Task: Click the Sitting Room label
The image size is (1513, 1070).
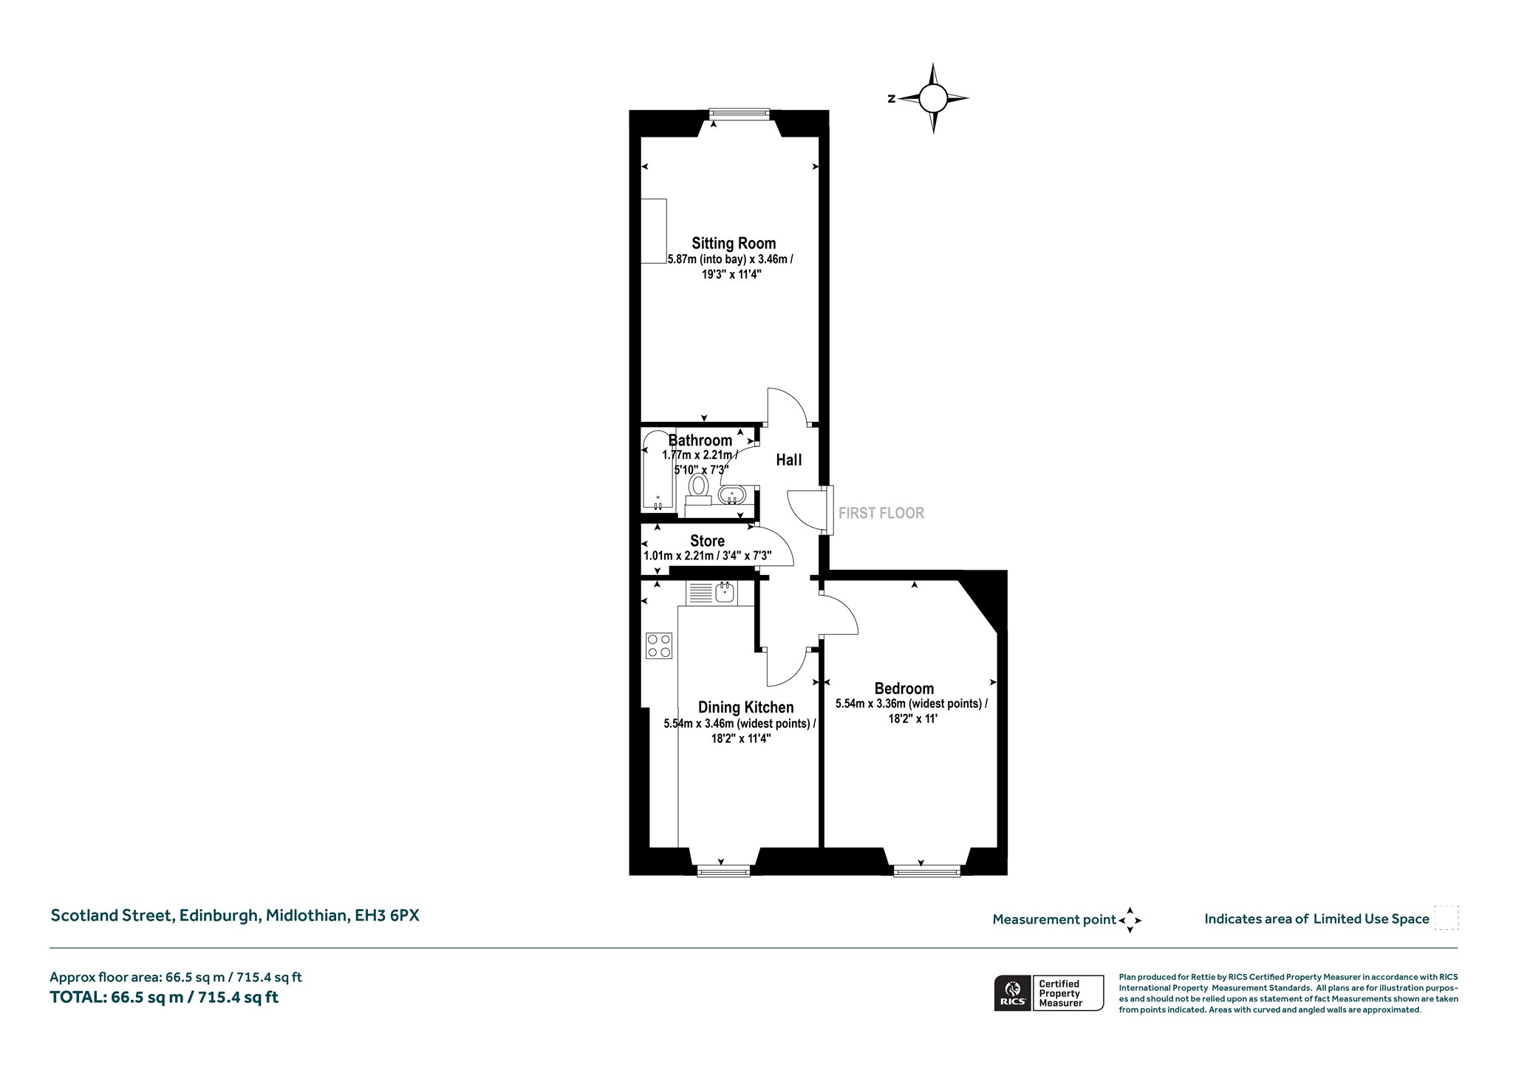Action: point(734,243)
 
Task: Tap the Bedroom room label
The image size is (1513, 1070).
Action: point(904,689)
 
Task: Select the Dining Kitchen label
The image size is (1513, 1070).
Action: point(746,708)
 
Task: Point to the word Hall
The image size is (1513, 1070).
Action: point(789,460)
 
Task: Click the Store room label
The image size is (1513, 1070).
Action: point(707,541)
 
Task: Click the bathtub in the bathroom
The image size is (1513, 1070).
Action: point(658,471)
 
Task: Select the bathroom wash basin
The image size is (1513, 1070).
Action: point(734,494)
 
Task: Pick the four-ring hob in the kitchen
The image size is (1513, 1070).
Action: point(659,645)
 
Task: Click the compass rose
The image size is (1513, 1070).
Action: point(933,98)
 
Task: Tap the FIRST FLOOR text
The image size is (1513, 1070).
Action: point(881,513)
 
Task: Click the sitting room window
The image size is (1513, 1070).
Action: point(739,114)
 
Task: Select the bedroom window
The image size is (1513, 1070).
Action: point(926,871)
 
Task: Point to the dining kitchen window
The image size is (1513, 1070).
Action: point(724,871)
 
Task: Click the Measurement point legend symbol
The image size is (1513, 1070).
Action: point(1130,920)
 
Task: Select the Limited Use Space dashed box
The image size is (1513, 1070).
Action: point(1446,918)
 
